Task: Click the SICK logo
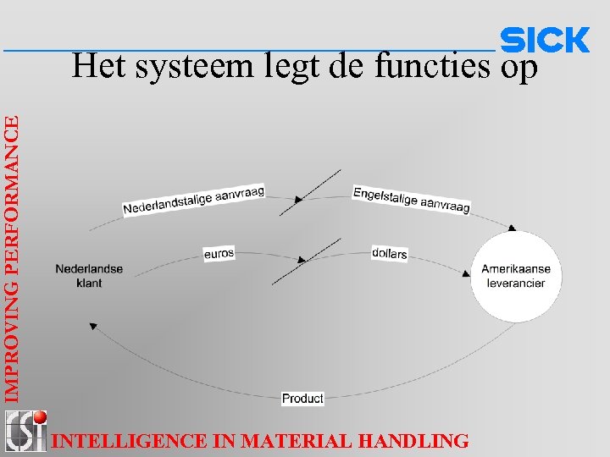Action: pos(545,40)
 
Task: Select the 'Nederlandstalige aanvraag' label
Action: pos(194,200)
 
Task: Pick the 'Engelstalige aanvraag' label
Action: pos(411,199)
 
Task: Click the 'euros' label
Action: pos(219,252)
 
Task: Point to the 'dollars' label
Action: pos(389,253)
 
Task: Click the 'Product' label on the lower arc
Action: pos(302,398)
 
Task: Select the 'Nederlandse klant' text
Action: pos(88,276)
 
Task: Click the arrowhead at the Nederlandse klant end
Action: pos(93,325)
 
